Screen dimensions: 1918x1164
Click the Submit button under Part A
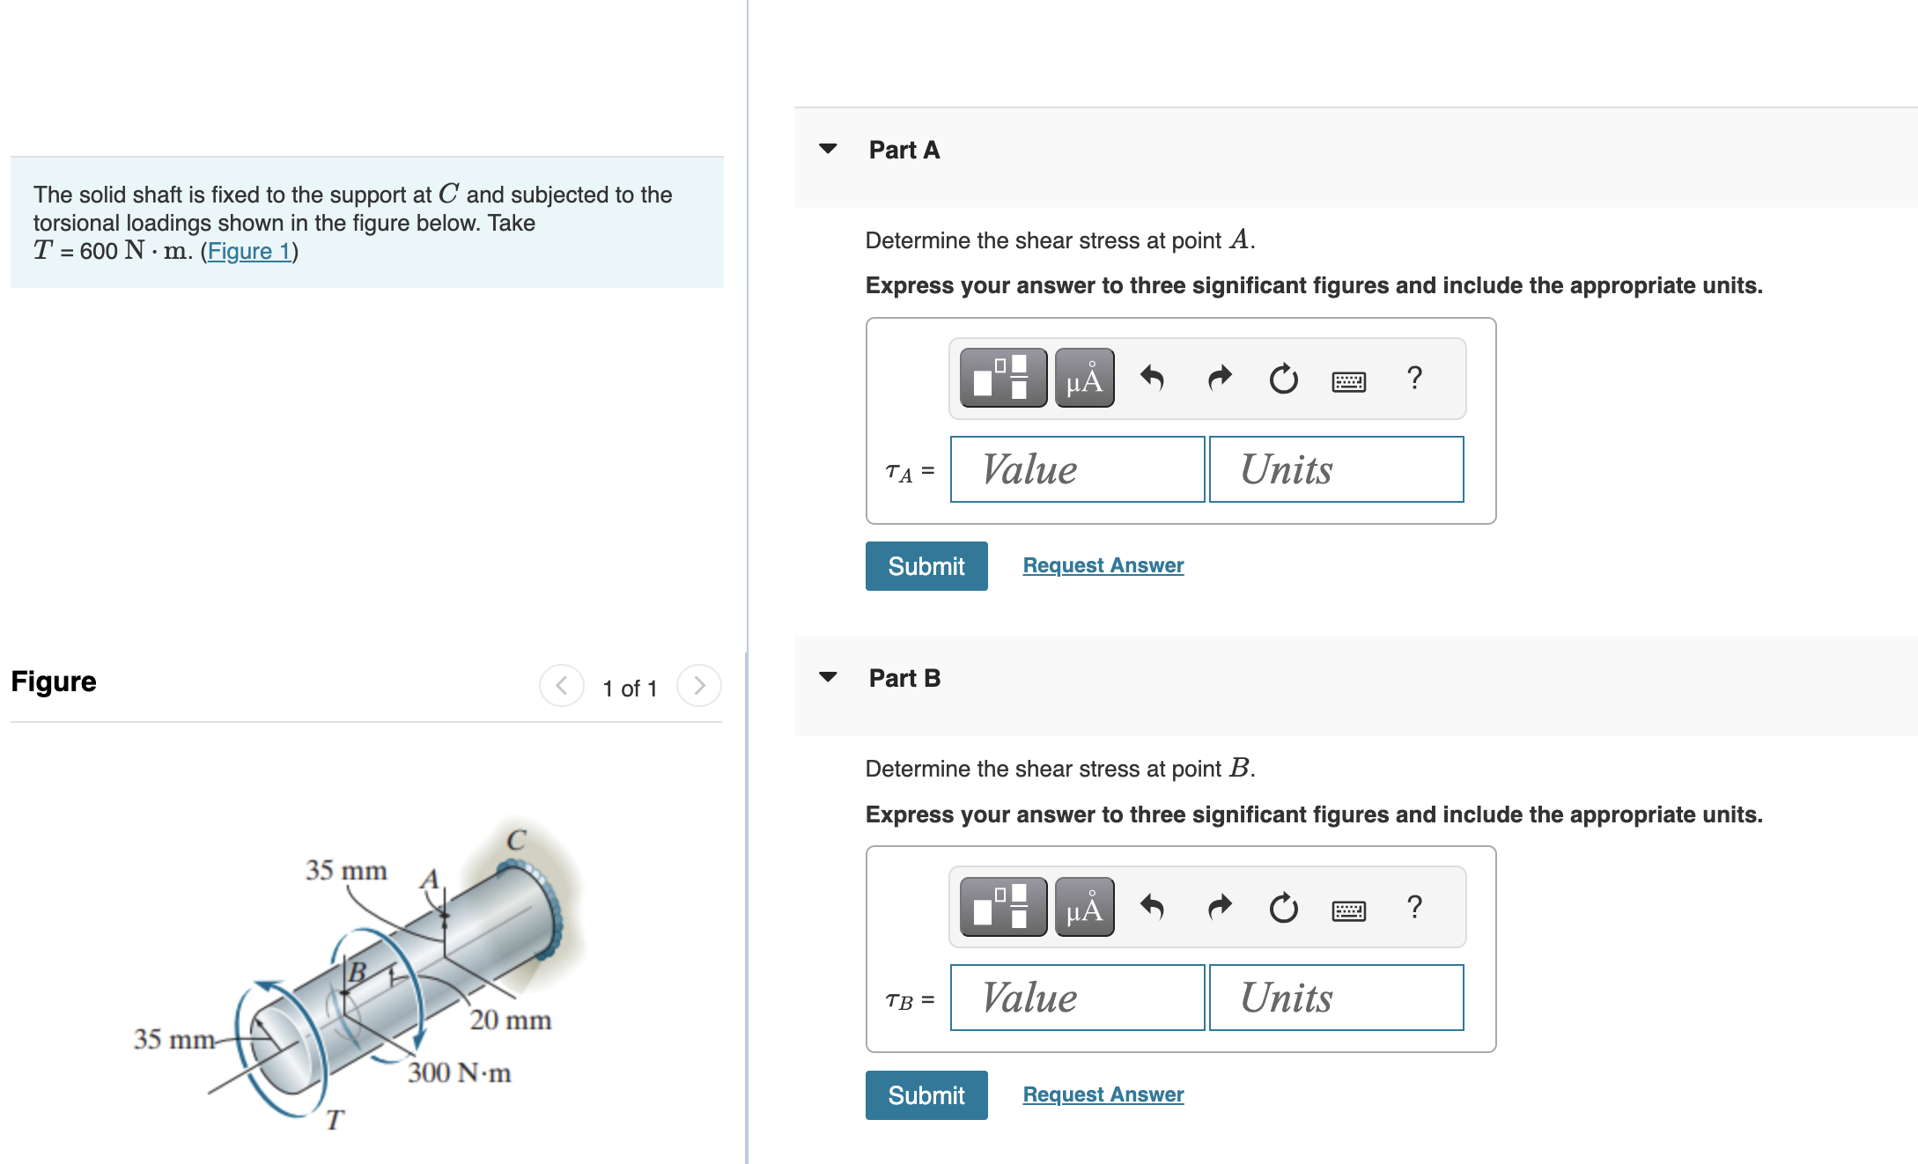pyautogui.click(x=926, y=566)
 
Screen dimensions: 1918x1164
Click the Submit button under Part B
pyautogui.click(x=926, y=1095)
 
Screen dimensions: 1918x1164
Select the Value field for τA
pyautogui.click(x=1077, y=469)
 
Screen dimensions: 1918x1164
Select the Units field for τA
pyautogui.click(x=1336, y=469)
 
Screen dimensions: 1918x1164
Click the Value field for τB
pyautogui.click(x=1077, y=998)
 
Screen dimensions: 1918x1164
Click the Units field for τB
pyautogui.click(x=1336, y=998)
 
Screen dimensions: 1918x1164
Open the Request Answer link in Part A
pyautogui.click(x=1103, y=565)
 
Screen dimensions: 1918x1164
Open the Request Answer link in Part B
pyautogui.click(x=1103, y=1094)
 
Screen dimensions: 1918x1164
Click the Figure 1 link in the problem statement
pyautogui.click(x=249, y=251)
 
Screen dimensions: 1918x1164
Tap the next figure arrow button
pyautogui.click(x=699, y=686)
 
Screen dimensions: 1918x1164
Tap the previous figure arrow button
pyautogui.click(x=561, y=686)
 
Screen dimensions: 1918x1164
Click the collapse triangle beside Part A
pyautogui.click(x=828, y=149)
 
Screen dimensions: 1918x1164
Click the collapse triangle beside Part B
pyautogui.click(x=828, y=677)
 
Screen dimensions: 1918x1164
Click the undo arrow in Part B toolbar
pyautogui.click(x=1152, y=907)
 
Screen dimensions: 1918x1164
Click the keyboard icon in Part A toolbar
pyautogui.click(x=1348, y=381)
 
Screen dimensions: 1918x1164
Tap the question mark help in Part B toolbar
pyautogui.click(x=1414, y=906)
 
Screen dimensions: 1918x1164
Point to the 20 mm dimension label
pyautogui.click(x=511, y=1020)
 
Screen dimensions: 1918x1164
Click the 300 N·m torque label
pyautogui.click(x=459, y=1072)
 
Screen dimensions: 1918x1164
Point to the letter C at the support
pyautogui.click(x=516, y=840)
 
